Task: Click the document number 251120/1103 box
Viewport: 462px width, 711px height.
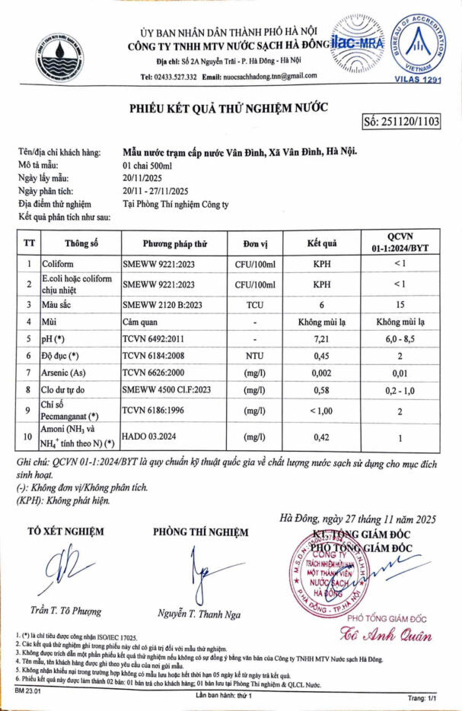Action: [x=402, y=122]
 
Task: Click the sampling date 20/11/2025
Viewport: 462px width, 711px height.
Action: [x=143, y=178]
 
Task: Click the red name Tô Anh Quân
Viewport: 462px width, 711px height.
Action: [x=396, y=636]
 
